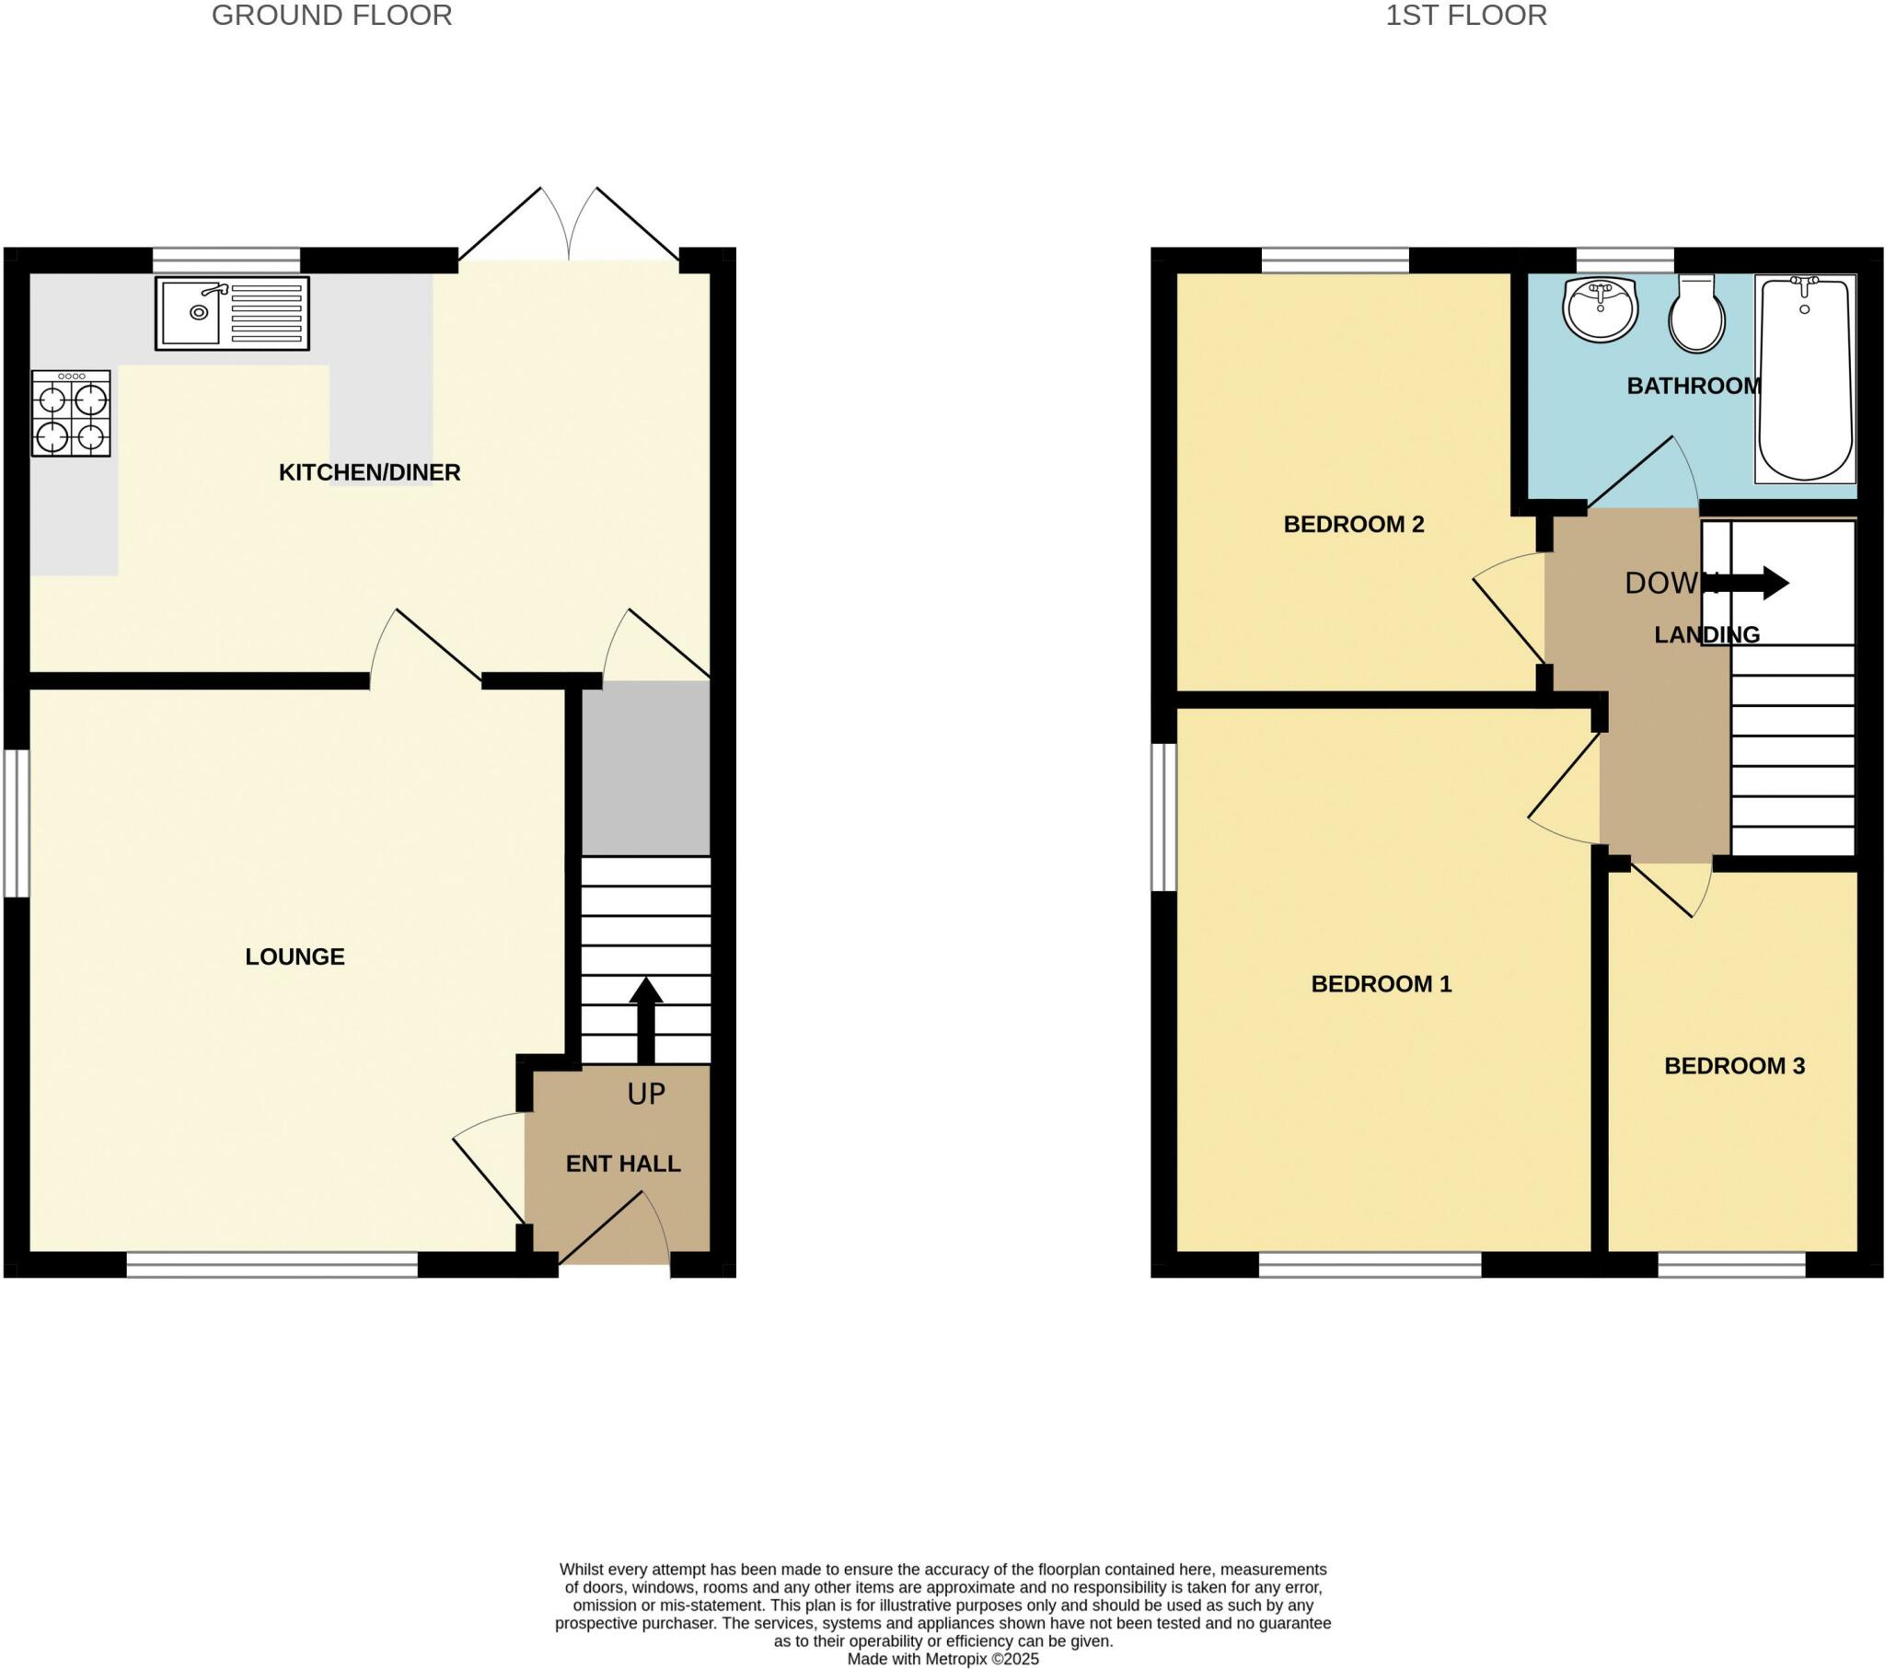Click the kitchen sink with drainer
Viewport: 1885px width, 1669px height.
click(231, 314)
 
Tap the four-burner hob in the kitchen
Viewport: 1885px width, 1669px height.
click(71, 413)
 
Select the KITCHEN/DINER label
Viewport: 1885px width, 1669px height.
click(369, 472)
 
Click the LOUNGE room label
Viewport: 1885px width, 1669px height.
click(295, 956)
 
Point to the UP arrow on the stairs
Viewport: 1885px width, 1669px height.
click(645, 1018)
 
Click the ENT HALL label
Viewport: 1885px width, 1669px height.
click(622, 1165)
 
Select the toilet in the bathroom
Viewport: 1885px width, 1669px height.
click(1697, 316)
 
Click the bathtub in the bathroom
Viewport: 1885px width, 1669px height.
click(1805, 378)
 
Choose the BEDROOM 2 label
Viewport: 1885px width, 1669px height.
click(1354, 524)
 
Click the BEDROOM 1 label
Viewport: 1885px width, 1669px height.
click(1381, 984)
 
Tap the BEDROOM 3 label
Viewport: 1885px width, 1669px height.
click(1734, 1067)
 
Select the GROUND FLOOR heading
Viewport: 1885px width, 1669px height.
click(332, 16)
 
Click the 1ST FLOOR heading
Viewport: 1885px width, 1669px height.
click(1465, 16)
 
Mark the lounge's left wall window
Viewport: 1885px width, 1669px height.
click(16, 823)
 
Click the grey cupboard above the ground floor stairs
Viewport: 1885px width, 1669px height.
click(645, 769)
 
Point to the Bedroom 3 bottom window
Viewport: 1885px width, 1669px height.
click(1731, 1264)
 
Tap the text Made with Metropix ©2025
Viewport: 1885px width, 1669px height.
click(942, 1659)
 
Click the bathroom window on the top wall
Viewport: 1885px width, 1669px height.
click(1624, 261)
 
